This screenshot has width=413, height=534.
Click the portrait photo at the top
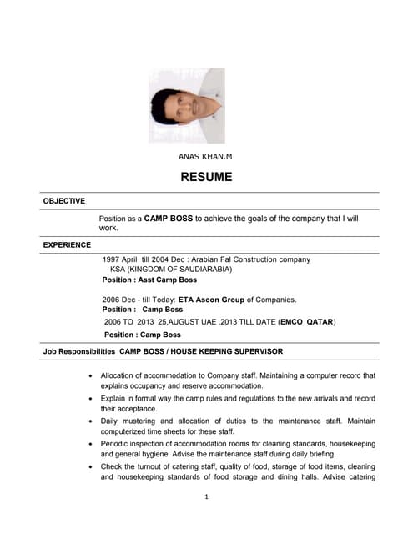[x=187, y=106]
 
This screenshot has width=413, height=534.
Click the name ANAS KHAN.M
[x=205, y=156]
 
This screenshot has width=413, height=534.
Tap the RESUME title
[x=206, y=177]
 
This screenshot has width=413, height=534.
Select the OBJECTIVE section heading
[x=64, y=201]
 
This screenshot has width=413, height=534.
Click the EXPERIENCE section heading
[x=68, y=244]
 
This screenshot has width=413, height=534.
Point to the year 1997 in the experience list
[x=112, y=260]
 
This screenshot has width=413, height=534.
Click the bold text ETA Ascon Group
[x=212, y=300]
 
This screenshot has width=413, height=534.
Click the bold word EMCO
[x=294, y=321]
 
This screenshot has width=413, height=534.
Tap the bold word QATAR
[x=320, y=321]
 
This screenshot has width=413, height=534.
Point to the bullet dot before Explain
[x=91, y=400]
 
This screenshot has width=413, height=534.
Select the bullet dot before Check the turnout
[x=91, y=466]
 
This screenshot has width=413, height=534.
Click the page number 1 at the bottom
[x=206, y=497]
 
